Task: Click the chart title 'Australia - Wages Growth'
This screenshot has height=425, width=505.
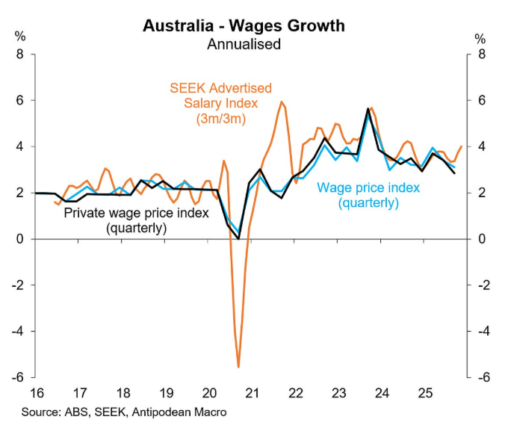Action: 244,25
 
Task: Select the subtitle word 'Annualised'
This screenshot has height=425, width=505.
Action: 244,44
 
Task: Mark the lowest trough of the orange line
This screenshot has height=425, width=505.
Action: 238,366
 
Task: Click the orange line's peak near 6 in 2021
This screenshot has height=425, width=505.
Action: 281,102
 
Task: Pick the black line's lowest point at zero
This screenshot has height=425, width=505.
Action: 239,238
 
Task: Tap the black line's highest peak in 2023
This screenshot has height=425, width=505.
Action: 368,109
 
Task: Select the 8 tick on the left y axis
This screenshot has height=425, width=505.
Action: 20,54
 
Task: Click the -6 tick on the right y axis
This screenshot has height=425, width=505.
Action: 483,377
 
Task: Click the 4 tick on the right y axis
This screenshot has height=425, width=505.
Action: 483,146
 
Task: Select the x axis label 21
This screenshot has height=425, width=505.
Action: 252,392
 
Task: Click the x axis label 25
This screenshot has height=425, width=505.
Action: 425,392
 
